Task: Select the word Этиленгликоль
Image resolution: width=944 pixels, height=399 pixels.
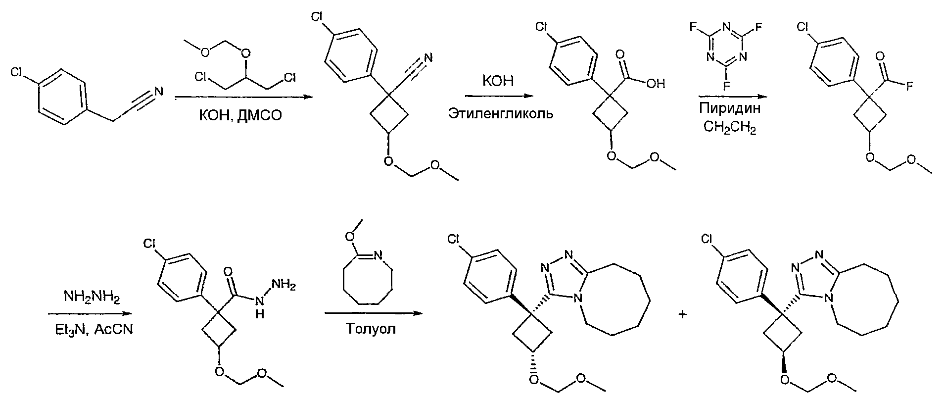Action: (x=501, y=114)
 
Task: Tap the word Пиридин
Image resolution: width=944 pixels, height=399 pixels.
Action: (x=730, y=108)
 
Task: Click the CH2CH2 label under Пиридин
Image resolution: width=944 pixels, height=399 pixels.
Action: (x=730, y=128)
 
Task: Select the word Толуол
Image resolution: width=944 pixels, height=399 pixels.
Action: (x=371, y=329)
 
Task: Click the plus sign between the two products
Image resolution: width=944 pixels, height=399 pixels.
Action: (x=683, y=314)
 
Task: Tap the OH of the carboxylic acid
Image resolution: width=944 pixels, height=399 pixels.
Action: (x=655, y=84)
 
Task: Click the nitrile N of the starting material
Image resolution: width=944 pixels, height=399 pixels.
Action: (x=158, y=91)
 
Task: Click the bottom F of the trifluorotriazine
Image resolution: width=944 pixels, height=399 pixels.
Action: (x=727, y=85)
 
